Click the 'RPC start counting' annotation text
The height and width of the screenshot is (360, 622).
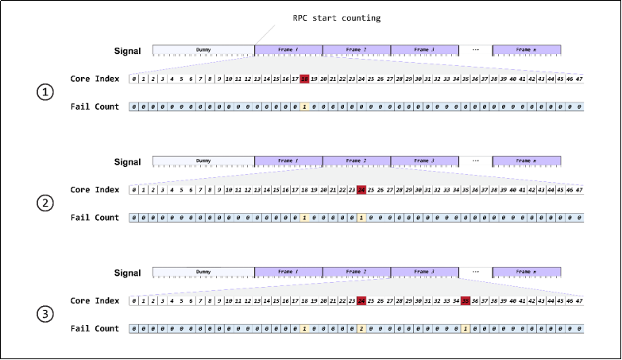pos(337,18)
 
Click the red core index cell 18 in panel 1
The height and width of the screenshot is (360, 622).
pos(305,79)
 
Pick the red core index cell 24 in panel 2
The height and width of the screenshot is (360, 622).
pos(361,190)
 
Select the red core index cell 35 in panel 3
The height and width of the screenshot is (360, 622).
pos(466,301)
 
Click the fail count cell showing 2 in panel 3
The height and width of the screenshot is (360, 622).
pos(361,329)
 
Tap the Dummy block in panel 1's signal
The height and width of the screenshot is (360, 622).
pos(203,50)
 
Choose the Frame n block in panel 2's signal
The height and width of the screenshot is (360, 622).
pos(527,161)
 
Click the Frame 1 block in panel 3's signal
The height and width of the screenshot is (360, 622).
pos(288,272)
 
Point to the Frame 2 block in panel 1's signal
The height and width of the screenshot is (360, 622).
pos(357,50)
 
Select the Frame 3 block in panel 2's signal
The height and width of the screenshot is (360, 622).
pos(425,161)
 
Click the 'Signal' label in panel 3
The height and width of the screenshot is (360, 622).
pos(126,273)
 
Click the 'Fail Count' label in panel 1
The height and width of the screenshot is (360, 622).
pos(95,106)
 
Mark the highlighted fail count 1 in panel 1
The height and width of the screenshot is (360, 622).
pos(305,106)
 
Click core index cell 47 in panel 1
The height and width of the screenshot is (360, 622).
pos(579,79)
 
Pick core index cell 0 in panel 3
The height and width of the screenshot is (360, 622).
pos(134,301)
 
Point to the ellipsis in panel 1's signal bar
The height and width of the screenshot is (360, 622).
pos(476,50)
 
